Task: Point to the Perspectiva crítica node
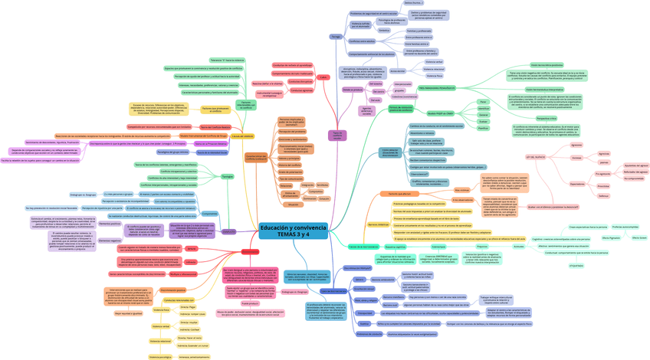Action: click(547, 119)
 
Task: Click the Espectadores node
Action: click(577, 184)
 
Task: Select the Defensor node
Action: click(604, 195)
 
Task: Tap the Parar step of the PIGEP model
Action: click(483, 101)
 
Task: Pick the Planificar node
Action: click(483, 128)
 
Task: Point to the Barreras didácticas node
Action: click(379, 224)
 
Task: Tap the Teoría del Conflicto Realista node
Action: click(215, 127)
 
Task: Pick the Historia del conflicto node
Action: click(290, 165)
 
